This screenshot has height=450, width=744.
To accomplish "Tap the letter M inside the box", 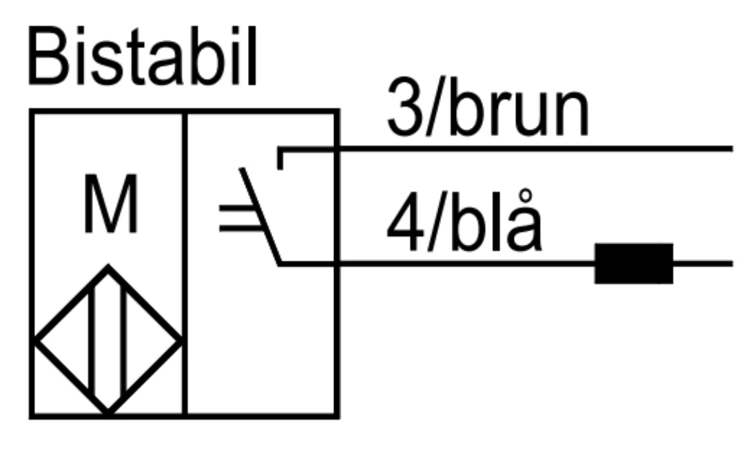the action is (111, 204).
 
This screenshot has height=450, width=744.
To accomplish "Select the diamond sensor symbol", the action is (108, 340).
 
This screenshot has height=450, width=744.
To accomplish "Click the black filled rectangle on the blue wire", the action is (634, 264).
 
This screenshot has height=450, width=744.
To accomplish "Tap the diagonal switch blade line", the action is (260, 216).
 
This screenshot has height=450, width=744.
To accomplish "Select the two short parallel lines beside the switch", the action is (240, 218).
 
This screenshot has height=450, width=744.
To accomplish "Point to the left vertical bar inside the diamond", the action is (92, 340).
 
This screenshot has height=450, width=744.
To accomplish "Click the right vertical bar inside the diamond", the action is (124, 340).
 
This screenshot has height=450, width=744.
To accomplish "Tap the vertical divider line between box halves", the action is (185, 264).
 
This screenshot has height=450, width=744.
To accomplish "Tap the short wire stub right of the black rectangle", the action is (703, 264).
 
